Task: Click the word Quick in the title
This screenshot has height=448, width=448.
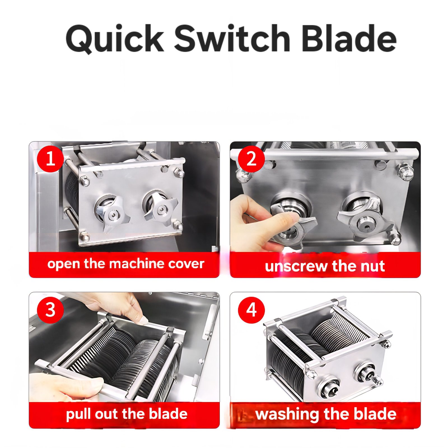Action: [115, 39]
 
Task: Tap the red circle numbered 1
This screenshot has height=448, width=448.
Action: [50, 158]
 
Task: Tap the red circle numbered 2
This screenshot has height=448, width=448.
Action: [251, 158]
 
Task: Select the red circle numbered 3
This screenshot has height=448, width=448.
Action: [50, 310]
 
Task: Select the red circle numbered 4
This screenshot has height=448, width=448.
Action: [251, 310]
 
